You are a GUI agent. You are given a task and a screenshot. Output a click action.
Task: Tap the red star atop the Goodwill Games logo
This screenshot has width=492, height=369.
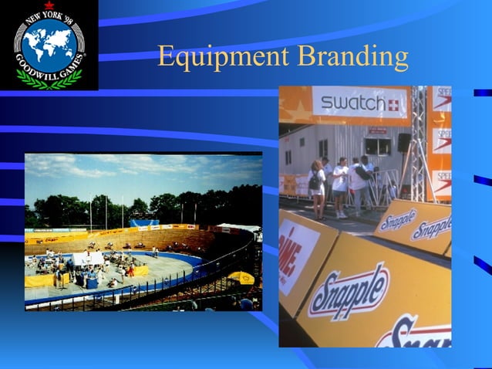(49, 7)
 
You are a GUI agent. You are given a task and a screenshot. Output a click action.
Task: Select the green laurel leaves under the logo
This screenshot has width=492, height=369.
(49, 79)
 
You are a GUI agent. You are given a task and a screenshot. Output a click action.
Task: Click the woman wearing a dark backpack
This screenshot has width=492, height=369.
(317, 185)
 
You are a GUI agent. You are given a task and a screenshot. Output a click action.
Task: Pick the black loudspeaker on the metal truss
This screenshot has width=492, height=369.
(404, 142)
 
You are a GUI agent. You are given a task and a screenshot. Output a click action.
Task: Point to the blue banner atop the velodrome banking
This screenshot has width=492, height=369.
(143, 223)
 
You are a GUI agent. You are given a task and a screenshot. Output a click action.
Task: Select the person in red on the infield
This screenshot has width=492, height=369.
(130, 270)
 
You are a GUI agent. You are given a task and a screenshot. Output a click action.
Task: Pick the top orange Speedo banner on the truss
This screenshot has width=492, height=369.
(440, 98)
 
